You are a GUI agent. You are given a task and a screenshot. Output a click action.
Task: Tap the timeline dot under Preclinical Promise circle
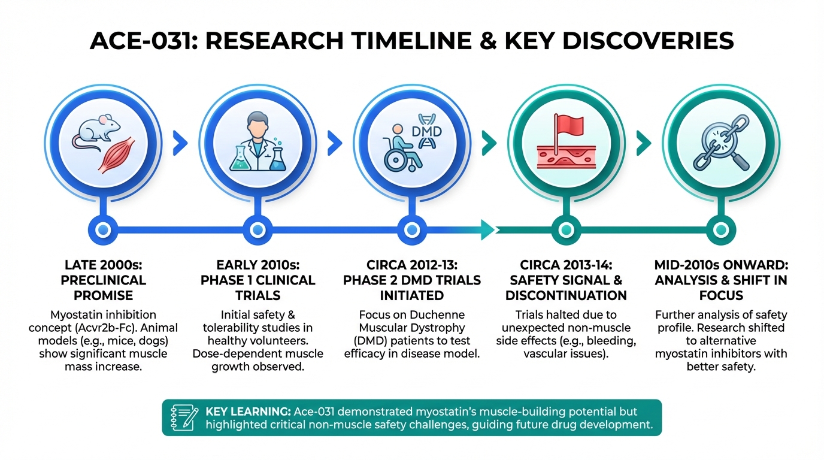[102, 228]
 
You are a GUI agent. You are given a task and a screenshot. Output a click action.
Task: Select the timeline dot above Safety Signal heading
[565, 228]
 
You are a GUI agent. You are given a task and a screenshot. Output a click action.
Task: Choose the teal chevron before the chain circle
[643, 143]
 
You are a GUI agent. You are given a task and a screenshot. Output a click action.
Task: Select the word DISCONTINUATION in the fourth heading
[566, 295]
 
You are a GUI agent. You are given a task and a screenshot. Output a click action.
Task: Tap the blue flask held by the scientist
[277, 159]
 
